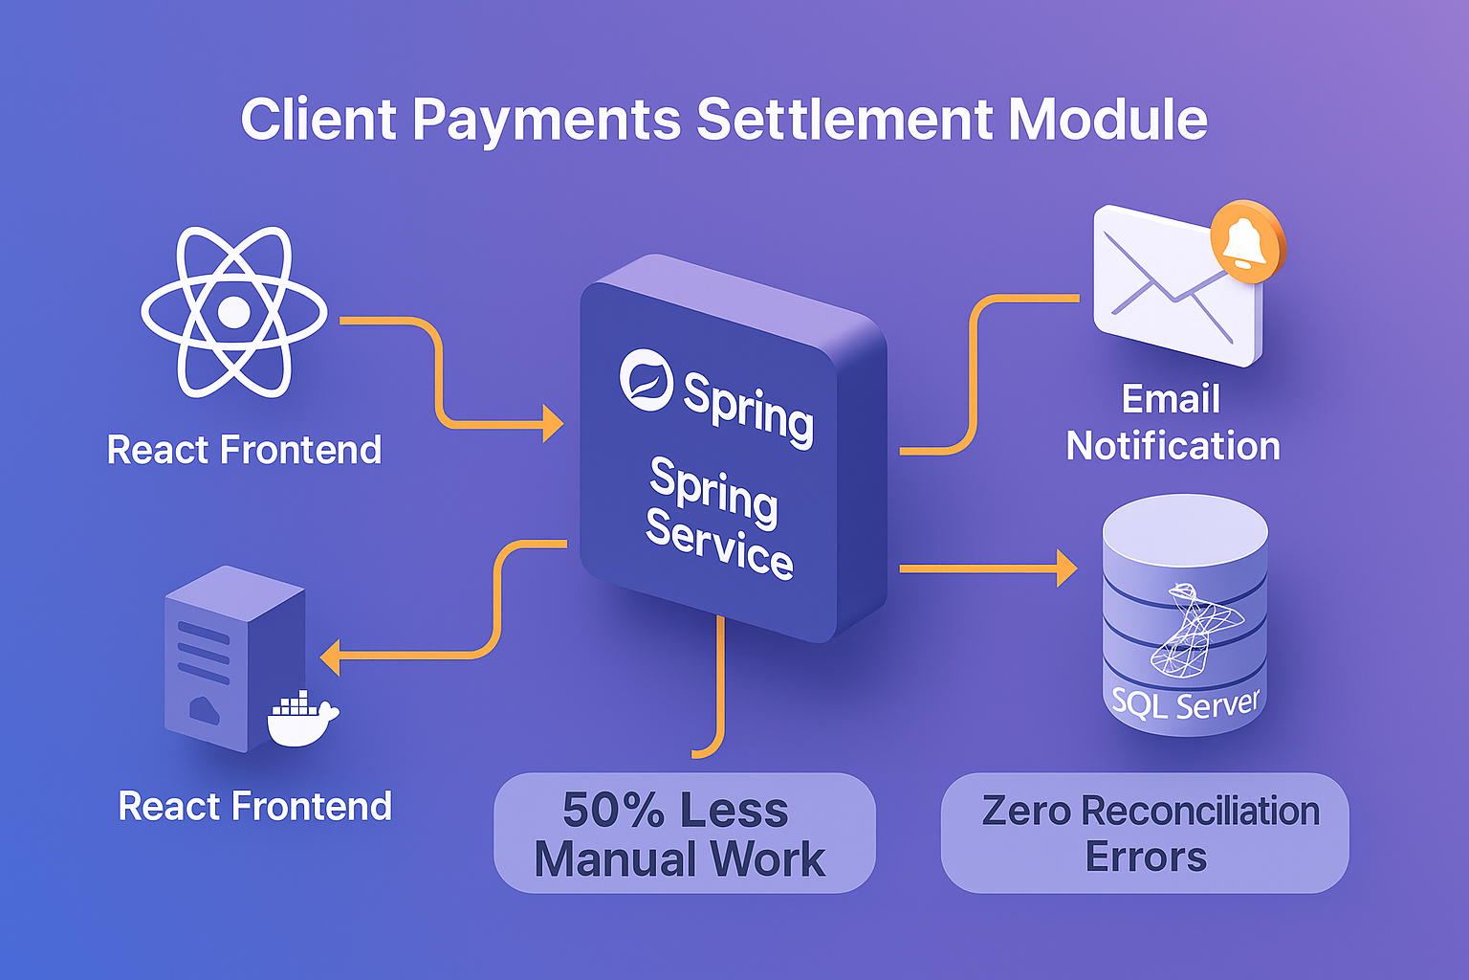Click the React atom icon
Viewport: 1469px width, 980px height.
click(234, 312)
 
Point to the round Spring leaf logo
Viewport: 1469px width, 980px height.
click(647, 379)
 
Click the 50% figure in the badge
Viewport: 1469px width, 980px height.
click(612, 811)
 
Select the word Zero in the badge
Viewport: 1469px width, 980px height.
click(1026, 812)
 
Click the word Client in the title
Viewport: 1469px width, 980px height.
click(318, 120)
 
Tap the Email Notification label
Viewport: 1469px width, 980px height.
click(1173, 423)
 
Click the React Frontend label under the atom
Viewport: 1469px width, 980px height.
click(244, 450)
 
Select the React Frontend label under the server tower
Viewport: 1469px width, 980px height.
click(254, 807)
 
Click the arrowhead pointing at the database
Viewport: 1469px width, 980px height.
click(1065, 568)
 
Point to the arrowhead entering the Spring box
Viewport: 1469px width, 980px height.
click(553, 423)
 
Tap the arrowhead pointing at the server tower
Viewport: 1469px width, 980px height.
click(331, 657)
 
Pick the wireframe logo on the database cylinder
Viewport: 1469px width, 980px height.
click(1193, 630)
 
